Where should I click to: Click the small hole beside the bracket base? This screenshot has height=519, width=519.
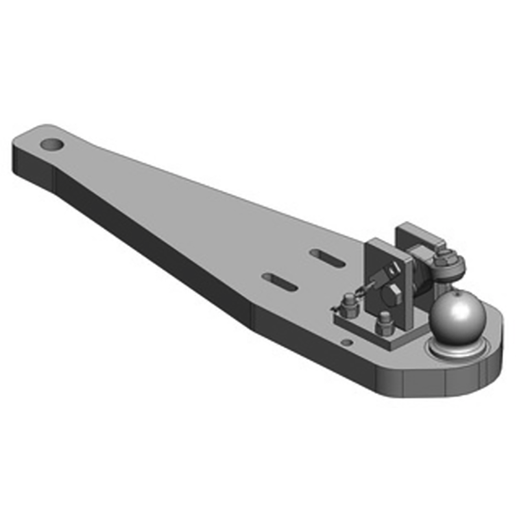(x=346, y=343)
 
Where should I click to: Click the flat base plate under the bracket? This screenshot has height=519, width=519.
(x=363, y=328)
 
